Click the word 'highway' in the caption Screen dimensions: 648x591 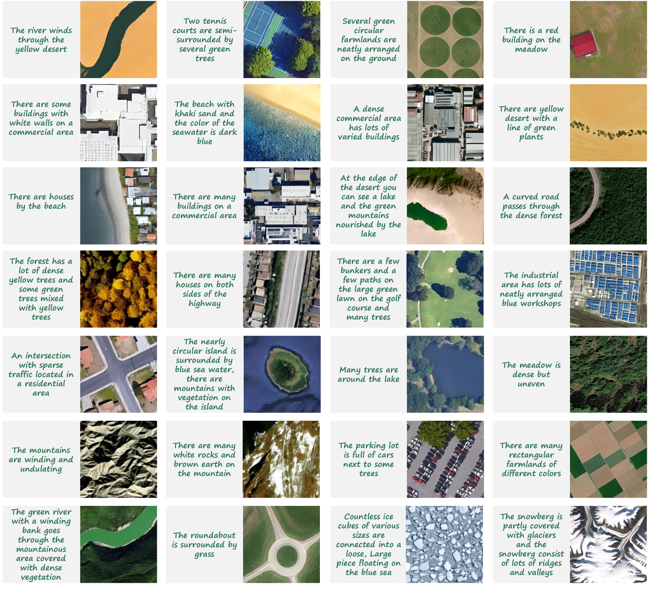pos(204,304)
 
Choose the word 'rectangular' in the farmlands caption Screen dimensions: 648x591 pos(531,455)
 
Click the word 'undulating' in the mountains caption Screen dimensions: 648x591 pos(41,469)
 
